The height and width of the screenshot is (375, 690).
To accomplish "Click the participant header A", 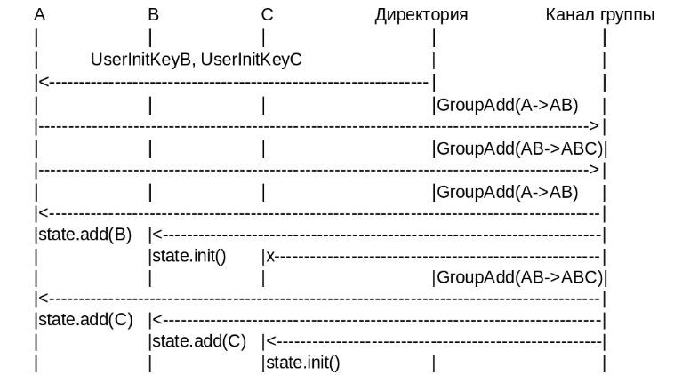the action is (x=40, y=15).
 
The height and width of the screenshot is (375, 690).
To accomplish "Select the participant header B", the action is (x=154, y=15).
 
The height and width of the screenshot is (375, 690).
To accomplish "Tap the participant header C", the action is (x=268, y=15).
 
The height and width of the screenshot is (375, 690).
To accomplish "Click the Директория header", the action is (x=421, y=15).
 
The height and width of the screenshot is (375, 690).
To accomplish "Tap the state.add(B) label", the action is (x=85, y=235).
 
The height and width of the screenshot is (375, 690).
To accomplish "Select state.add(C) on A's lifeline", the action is (x=85, y=320).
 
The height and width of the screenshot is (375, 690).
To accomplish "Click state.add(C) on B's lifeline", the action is (x=199, y=341).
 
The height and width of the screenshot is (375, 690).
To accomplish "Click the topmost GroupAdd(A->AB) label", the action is (x=508, y=105).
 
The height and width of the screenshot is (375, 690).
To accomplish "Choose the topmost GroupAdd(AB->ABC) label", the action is (x=520, y=148).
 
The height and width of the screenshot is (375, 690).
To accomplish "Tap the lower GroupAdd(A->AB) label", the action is (x=508, y=191).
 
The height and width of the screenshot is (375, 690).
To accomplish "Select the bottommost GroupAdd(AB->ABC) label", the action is (x=520, y=277).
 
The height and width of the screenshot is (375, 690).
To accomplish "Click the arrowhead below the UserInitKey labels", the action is (x=42, y=82).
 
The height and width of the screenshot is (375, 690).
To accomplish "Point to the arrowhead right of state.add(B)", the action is (x=156, y=235).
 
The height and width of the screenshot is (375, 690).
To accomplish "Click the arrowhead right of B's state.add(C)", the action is (x=269, y=341).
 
